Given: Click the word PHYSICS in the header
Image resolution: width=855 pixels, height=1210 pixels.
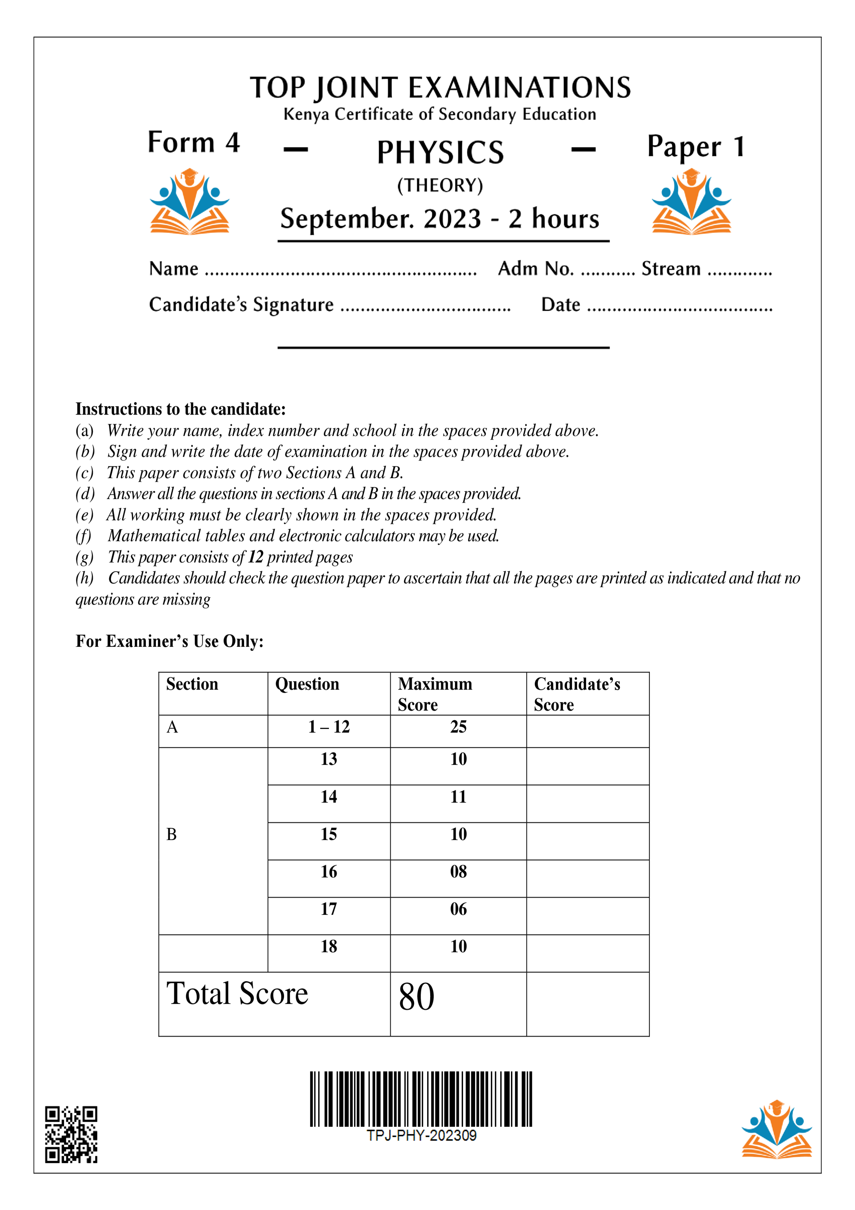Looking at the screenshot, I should click(x=440, y=153).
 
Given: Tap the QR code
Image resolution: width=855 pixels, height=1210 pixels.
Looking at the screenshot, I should click(x=71, y=1133).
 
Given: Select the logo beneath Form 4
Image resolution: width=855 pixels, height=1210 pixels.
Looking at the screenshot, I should click(x=189, y=202).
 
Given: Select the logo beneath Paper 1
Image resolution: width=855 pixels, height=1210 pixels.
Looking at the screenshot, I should click(x=691, y=202).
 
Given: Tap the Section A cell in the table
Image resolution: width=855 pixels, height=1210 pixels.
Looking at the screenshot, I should click(x=172, y=727).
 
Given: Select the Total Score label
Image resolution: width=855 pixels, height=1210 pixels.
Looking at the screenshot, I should click(x=237, y=994).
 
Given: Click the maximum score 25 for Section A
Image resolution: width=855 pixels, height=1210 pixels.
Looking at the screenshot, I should click(x=458, y=727).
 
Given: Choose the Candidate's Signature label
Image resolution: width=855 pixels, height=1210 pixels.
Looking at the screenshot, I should click(x=241, y=305).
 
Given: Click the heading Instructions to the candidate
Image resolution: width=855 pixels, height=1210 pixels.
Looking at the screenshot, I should click(x=181, y=409).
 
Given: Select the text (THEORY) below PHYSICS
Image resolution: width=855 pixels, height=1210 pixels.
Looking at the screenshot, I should click(x=440, y=186).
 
